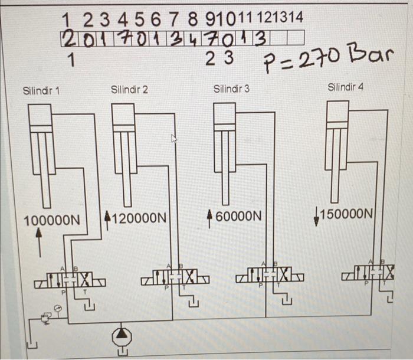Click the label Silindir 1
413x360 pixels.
pyautogui.click(x=41, y=91)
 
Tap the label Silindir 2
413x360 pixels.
pyautogui.click(x=129, y=90)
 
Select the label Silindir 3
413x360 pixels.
pyautogui.click(x=231, y=89)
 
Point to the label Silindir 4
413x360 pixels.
pyautogui.click(x=346, y=87)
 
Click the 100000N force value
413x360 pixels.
pyautogui.click(x=51, y=221)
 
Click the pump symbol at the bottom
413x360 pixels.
pyautogui.click(x=122, y=336)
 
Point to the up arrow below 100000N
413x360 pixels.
pyautogui.click(x=40, y=241)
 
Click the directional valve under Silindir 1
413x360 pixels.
pyautogui.click(x=70, y=279)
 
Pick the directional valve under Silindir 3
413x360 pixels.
pyautogui.click(x=270, y=275)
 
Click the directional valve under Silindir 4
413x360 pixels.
pyautogui.click(x=371, y=273)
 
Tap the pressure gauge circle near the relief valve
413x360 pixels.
pyautogui.click(x=57, y=307)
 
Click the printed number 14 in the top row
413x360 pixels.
pyautogui.click(x=296, y=18)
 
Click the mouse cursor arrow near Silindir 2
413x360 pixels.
pyautogui.click(x=174, y=139)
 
